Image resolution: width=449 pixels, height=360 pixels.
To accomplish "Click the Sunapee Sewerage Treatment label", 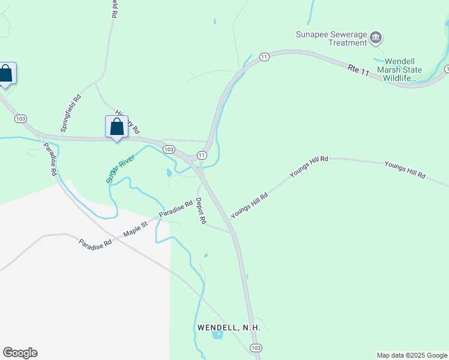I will click(331, 38).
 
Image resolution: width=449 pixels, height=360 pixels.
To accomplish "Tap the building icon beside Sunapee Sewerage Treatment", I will click(376, 38).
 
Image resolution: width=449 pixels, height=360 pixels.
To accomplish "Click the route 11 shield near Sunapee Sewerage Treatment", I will click(264, 56).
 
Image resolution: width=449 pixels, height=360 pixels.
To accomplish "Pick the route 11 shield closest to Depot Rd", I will click(202, 155).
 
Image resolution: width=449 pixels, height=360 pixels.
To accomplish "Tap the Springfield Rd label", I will click(70, 113).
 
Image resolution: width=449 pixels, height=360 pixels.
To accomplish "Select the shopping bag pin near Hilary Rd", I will click(116, 127).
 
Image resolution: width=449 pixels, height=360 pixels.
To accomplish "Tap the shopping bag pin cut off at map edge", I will click(6, 74).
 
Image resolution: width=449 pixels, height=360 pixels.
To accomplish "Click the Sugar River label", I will click(120, 167).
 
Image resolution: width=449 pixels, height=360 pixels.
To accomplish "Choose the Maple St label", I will click(135, 229).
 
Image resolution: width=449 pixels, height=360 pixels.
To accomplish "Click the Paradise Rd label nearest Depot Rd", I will click(175, 209).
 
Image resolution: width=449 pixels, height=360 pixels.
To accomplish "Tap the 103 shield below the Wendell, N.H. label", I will click(256, 348).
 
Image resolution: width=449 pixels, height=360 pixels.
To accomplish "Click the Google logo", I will click(20, 353).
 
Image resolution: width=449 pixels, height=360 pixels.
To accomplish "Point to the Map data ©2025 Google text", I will click(412, 355).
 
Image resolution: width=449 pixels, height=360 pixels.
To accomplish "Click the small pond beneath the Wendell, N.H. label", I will click(217, 335).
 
